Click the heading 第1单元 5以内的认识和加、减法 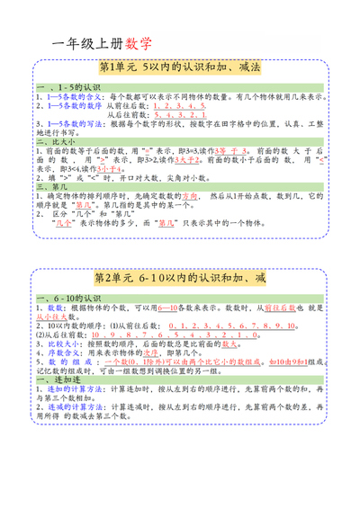[x=179, y=68]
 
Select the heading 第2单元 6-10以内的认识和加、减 [x=180, y=280]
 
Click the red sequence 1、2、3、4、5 [x=180, y=105]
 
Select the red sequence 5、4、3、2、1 [x=180, y=115]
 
